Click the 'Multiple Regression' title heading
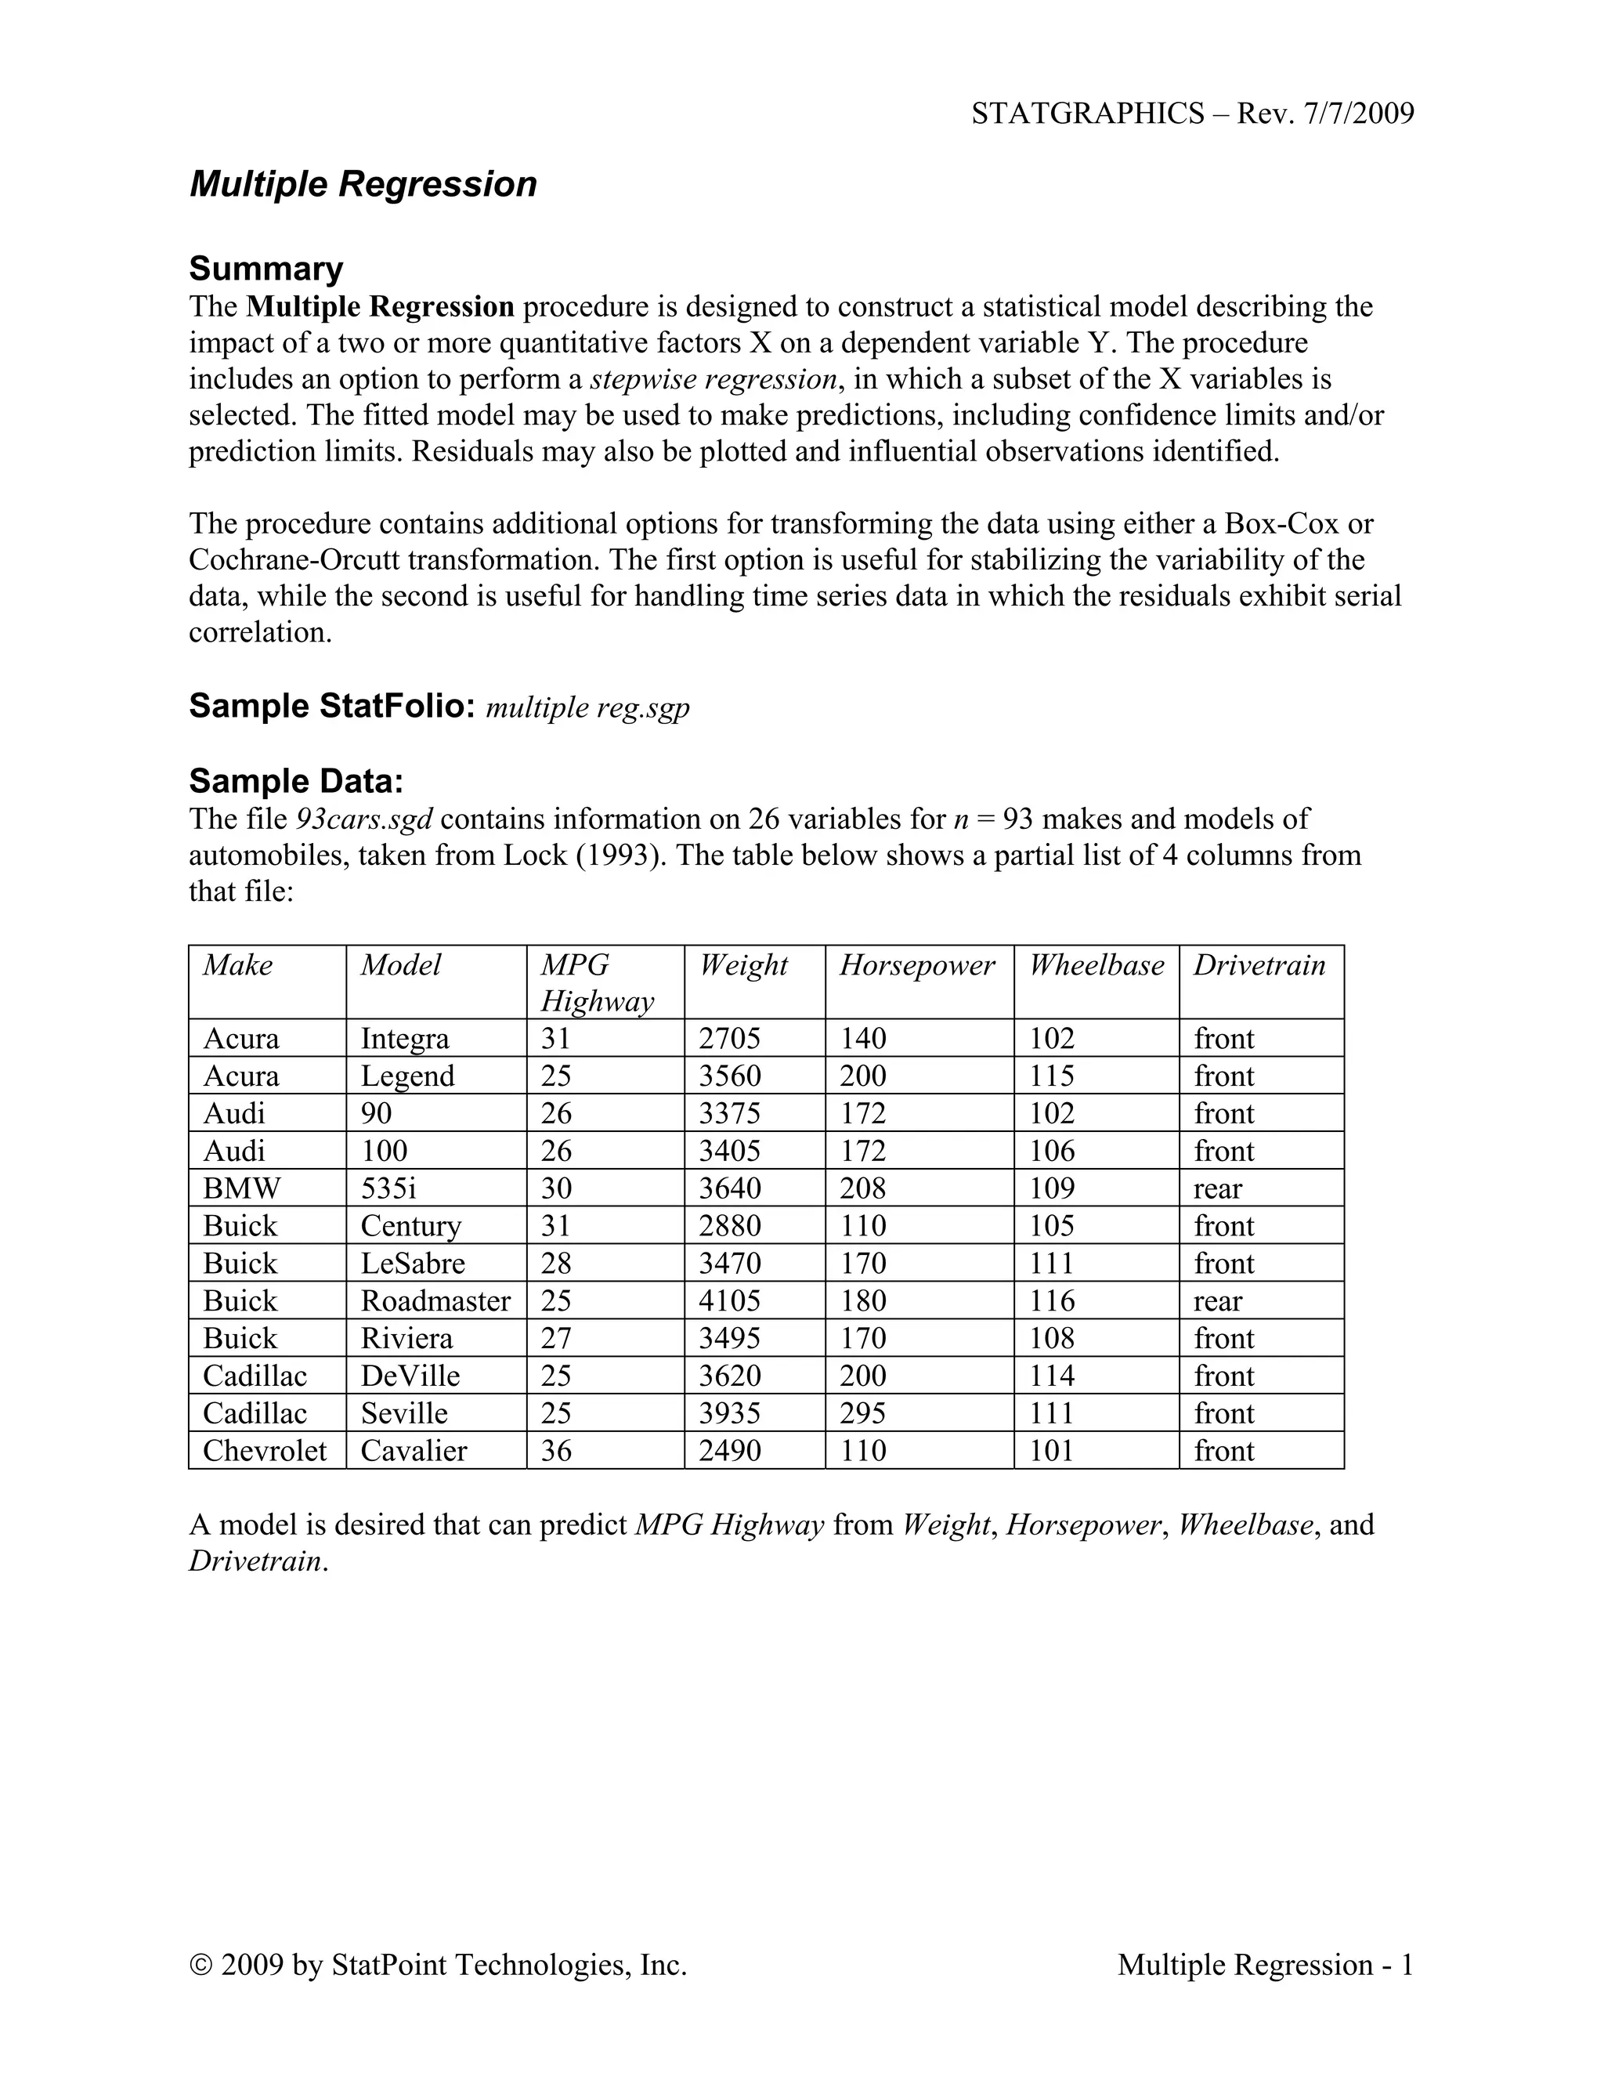click(363, 184)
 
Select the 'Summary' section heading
click(266, 269)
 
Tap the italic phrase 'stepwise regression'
click(713, 379)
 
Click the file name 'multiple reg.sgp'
click(587, 707)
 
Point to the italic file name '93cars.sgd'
click(365, 819)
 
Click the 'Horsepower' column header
click(917, 966)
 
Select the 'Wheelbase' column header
click(1096, 966)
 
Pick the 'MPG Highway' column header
click(597, 983)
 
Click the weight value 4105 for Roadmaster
click(730, 1300)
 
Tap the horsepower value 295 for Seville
click(863, 1413)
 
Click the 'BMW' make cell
click(241, 1188)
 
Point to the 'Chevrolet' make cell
click(264, 1451)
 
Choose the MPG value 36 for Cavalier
click(557, 1451)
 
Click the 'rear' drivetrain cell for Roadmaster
click(1217, 1300)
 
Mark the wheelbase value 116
click(1052, 1300)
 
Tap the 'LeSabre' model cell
click(413, 1264)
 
